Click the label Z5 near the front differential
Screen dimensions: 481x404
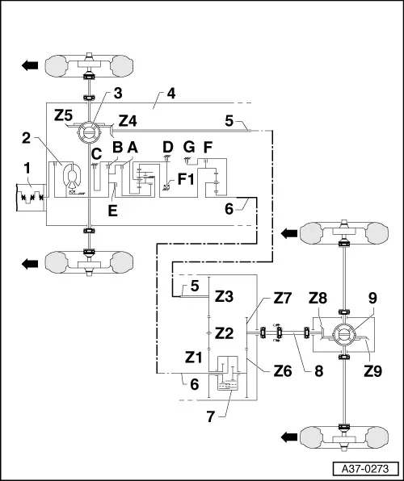(64, 115)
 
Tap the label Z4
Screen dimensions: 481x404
(128, 121)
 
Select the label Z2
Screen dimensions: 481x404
(224, 333)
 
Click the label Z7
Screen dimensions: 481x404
(282, 299)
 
